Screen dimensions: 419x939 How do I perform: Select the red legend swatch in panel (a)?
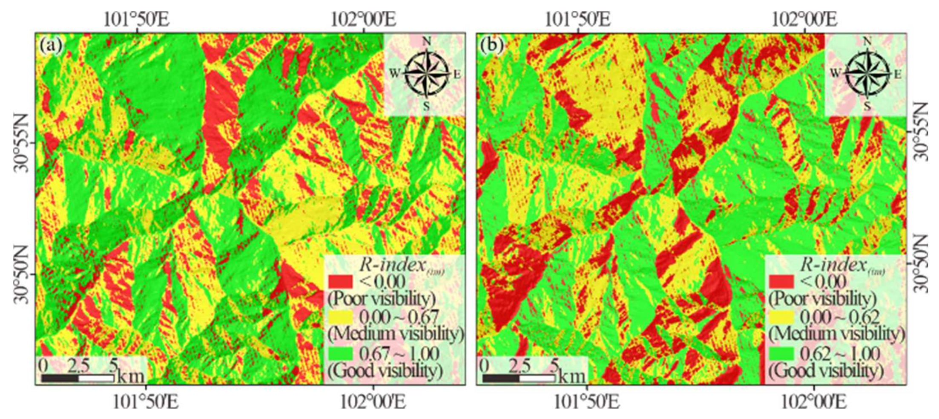pyautogui.click(x=340, y=281)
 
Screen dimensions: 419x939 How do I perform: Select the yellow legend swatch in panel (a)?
pyautogui.click(x=340, y=317)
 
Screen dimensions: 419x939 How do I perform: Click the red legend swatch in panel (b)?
pyautogui.click(x=781, y=281)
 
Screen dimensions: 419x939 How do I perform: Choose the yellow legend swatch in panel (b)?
pyautogui.click(x=781, y=317)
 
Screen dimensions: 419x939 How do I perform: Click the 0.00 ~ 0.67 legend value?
pyautogui.click(x=399, y=317)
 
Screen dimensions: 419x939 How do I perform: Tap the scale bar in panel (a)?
pyautogui.click(x=78, y=378)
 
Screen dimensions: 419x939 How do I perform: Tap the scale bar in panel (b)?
pyautogui.click(x=519, y=378)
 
